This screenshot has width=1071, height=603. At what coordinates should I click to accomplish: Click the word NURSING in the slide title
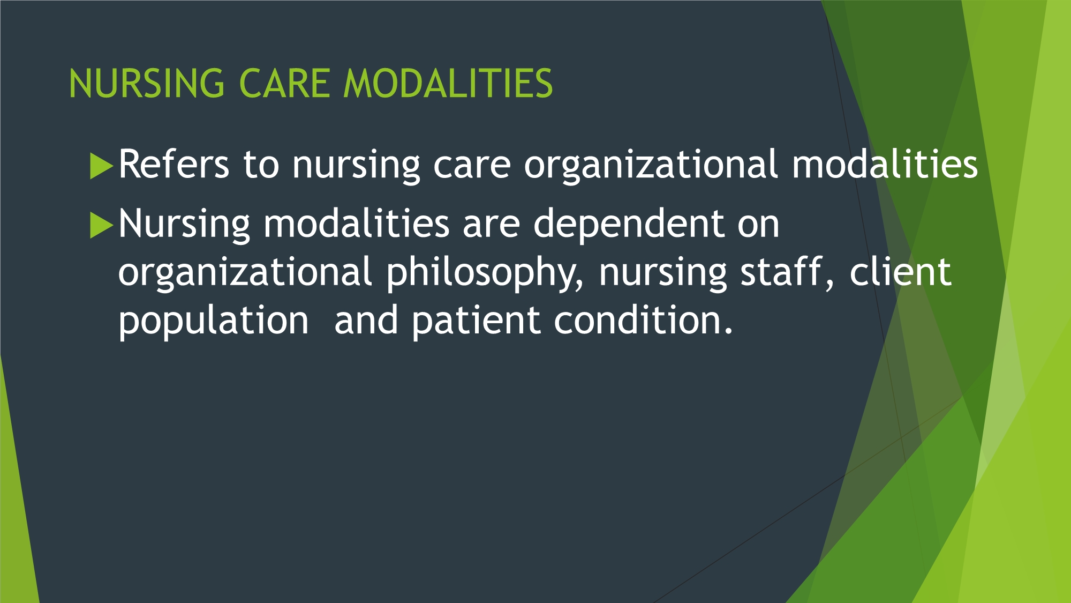(x=147, y=84)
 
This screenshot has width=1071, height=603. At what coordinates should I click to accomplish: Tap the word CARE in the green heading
(x=284, y=84)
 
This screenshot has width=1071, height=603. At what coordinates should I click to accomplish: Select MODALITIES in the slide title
(x=448, y=84)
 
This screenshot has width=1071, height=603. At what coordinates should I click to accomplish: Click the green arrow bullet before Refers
(x=102, y=166)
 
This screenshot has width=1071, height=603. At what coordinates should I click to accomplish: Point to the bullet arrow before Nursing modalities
(x=102, y=225)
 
